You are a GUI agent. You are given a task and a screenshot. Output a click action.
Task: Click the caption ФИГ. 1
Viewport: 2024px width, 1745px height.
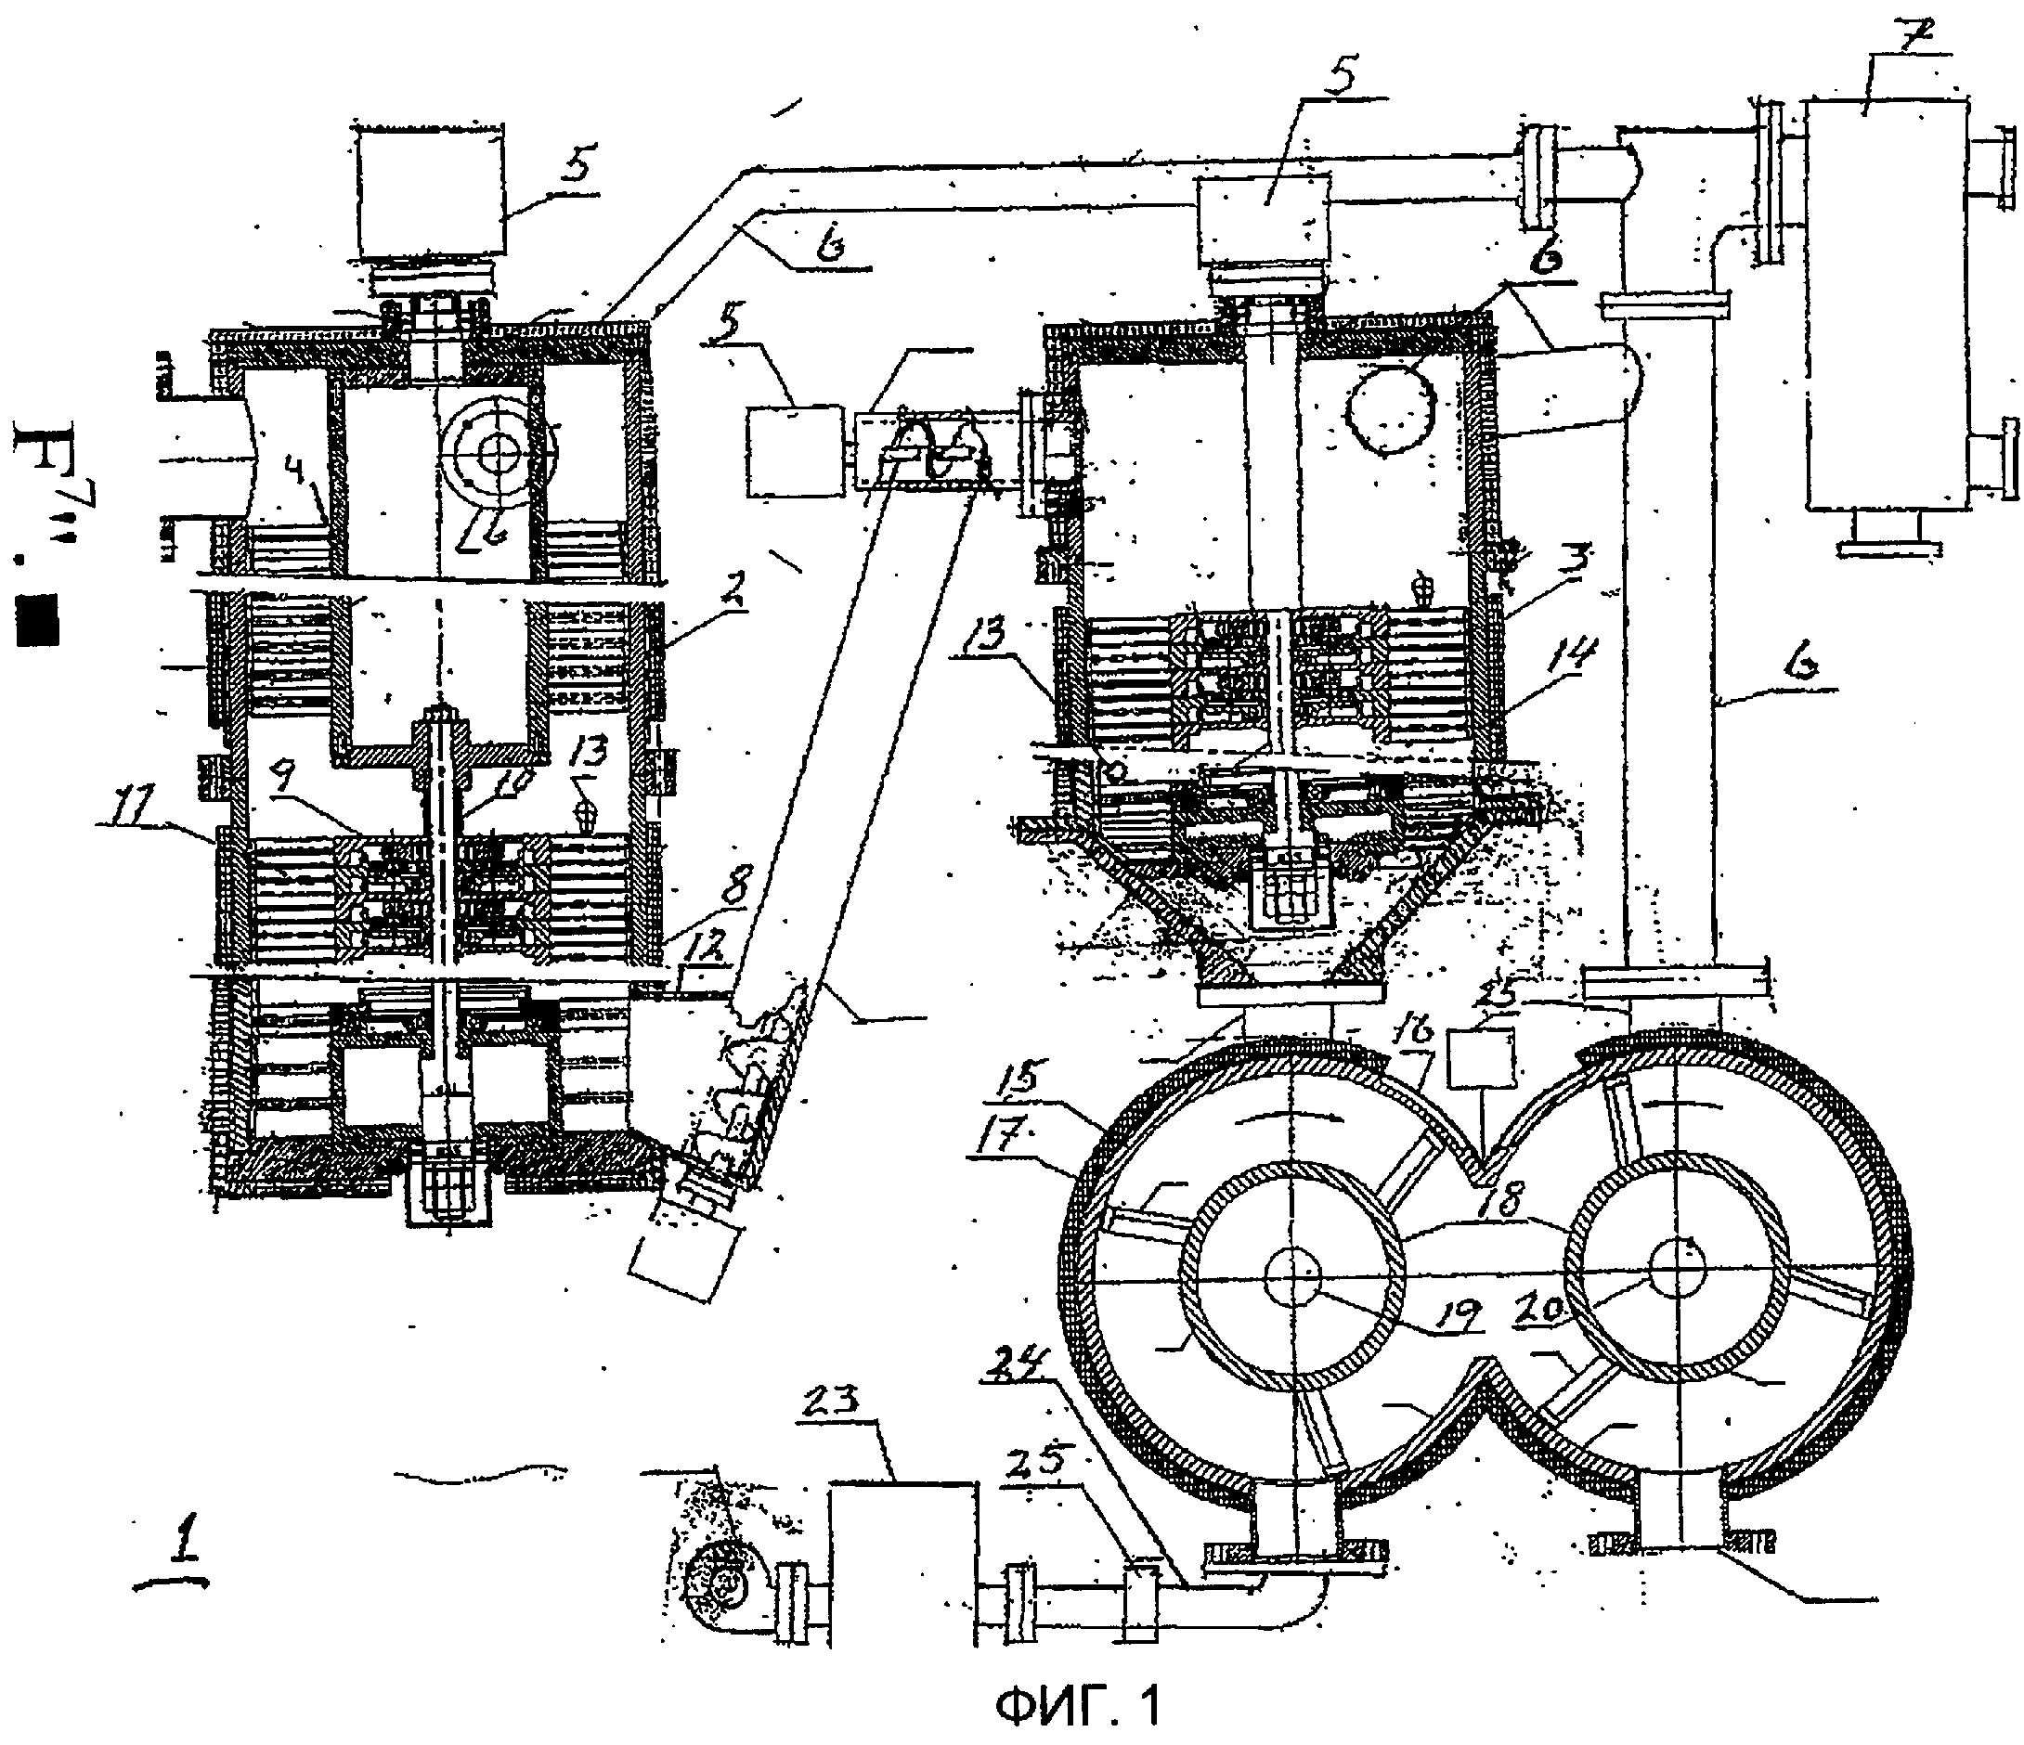tap(1080, 1706)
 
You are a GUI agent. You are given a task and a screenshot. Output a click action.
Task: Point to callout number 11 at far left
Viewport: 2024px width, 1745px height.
tap(128, 807)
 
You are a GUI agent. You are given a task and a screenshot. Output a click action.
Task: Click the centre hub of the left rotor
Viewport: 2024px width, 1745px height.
tap(1292, 1277)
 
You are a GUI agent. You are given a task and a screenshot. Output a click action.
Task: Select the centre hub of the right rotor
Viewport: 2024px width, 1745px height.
tap(1676, 1274)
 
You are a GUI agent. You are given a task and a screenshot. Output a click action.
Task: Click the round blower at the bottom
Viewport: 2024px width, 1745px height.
tap(715, 1586)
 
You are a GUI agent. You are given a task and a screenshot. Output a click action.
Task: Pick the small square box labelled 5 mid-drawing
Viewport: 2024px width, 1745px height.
tap(794, 452)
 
